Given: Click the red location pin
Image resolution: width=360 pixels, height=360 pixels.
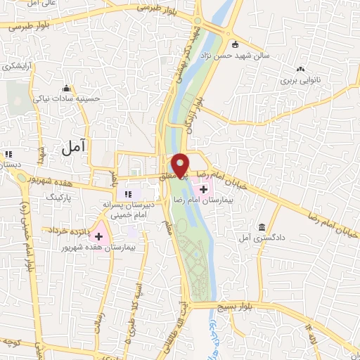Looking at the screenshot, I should pos(181,164).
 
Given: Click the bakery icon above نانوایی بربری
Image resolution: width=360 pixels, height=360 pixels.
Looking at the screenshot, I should pos(301,69).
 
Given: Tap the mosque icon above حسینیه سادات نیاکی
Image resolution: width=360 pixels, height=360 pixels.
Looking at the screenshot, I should pos(67,89).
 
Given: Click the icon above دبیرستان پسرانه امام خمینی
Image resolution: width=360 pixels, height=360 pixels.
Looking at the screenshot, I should pos(128,194).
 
